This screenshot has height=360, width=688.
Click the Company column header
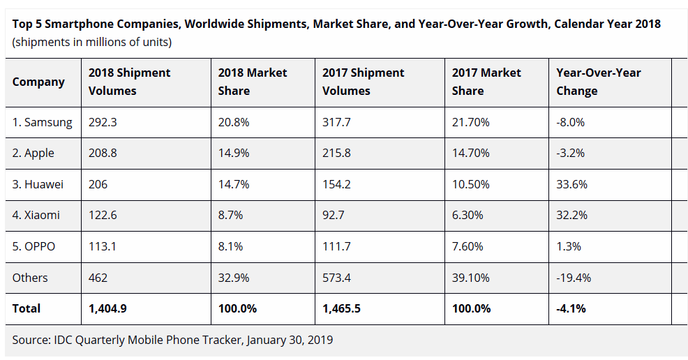tap(38, 82)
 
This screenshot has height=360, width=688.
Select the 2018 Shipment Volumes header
tap(129, 82)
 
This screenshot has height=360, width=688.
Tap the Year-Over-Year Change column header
tap(598, 82)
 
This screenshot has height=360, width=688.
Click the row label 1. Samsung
tap(42, 122)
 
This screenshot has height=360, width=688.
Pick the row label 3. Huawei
tap(38, 184)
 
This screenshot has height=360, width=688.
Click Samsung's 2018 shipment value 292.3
tap(103, 122)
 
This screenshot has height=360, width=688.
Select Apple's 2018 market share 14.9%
tap(234, 153)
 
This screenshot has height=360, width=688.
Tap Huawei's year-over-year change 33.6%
tap(571, 184)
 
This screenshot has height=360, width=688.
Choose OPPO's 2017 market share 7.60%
tap(468, 246)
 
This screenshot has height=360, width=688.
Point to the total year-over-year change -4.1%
tap(570, 308)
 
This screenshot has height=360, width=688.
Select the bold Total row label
tap(27, 308)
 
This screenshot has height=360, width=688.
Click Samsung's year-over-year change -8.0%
tap(570, 122)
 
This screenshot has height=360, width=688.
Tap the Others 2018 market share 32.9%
tap(234, 278)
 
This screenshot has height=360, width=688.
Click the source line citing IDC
tap(172, 340)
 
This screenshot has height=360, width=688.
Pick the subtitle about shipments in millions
tap(92, 43)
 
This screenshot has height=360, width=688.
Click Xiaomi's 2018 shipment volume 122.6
tap(103, 215)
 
